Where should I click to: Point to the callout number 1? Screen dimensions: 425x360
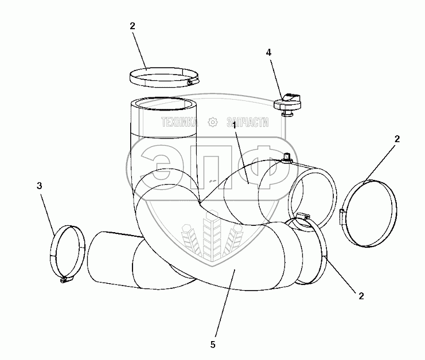235,125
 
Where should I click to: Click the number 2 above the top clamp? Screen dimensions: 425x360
133,27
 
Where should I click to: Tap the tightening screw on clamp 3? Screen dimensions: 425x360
64,280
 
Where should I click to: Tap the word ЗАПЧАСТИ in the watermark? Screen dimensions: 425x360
248,122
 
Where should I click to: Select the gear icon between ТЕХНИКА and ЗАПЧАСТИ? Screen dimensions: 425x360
213,122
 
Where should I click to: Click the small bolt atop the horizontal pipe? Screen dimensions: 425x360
285,156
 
